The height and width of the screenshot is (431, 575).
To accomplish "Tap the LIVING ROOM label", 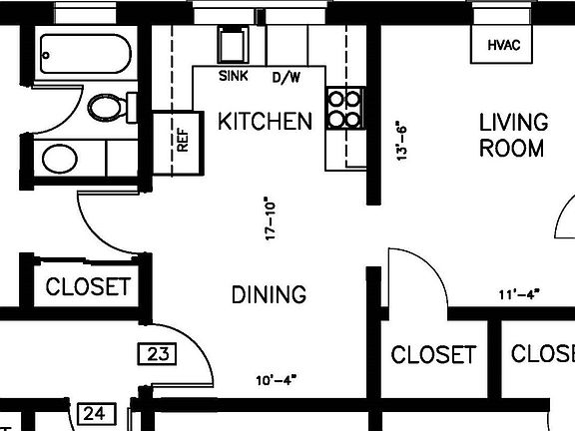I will point(513,136).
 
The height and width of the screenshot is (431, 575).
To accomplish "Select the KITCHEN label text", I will point(265,122).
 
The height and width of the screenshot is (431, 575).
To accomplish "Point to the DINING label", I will point(269,295).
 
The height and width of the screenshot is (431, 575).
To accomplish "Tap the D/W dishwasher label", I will point(286,77).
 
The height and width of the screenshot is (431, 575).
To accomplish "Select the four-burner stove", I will point(344,109).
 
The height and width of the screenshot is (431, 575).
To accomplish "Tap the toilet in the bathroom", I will point(108,106).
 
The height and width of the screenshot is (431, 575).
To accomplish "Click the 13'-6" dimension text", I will point(403,142).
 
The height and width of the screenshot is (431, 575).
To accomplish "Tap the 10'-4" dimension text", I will point(277,379).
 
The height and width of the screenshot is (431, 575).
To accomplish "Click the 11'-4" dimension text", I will point(518,294).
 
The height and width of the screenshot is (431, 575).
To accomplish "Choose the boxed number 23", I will point(155,353).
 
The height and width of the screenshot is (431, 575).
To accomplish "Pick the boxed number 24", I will point(95,412).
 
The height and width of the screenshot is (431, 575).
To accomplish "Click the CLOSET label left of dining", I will point(88,287).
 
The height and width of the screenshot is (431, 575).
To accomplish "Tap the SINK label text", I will point(234,76).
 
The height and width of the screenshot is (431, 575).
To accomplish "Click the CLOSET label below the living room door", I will point(433,354).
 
